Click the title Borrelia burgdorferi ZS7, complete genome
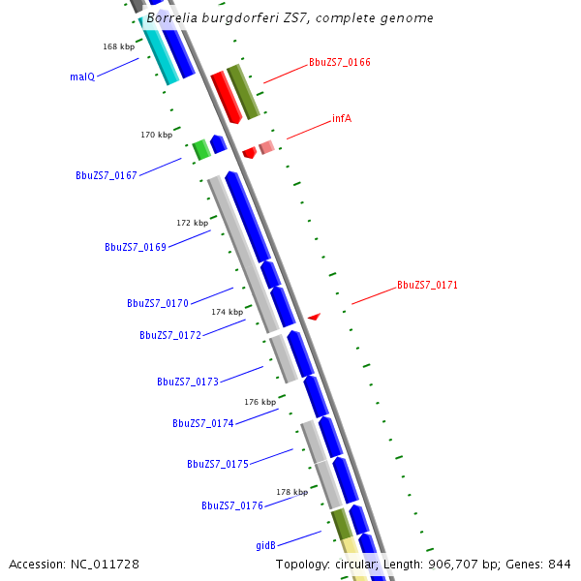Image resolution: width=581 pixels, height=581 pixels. click(290, 18)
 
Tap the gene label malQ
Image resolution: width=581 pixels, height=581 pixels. click(82, 76)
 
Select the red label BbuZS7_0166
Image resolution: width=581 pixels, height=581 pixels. click(339, 62)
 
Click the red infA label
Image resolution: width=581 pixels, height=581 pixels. click(341, 118)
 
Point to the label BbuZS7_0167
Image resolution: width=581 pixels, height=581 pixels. click(107, 175)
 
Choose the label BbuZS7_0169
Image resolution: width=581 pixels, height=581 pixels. click(136, 247)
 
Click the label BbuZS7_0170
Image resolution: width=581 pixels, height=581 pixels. click(158, 303)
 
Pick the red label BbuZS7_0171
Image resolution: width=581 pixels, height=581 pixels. click(427, 286)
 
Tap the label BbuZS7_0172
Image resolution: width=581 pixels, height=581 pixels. click(170, 335)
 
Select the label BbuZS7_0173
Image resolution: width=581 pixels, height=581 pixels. click(188, 382)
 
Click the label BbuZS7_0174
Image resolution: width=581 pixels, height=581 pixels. click(203, 423)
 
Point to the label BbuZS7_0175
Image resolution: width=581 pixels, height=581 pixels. click(218, 464)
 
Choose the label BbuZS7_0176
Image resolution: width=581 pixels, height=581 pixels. click(232, 505)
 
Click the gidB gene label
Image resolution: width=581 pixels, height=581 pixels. click(266, 546)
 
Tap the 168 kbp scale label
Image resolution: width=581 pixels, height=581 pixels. click(118, 46)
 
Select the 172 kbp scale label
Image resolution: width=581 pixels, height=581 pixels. click(192, 223)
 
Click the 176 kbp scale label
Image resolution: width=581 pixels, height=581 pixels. click(260, 401)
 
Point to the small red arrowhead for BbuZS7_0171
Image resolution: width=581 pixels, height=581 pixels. click(314, 317)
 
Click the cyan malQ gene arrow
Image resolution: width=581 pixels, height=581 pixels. click(160, 53)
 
